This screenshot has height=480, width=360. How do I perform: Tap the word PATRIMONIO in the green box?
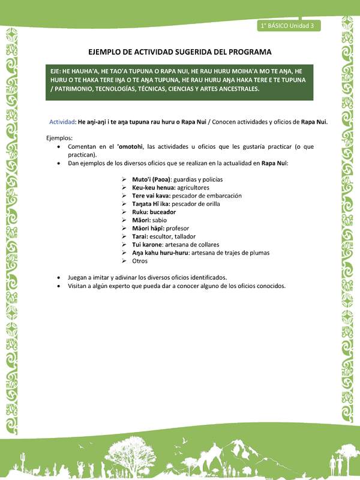74,89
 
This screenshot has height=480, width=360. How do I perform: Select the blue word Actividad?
62,121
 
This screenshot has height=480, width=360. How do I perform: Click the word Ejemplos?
59,137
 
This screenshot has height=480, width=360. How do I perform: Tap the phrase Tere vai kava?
151,196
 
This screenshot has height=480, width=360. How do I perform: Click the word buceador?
162,212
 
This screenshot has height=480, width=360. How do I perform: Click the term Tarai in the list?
140,236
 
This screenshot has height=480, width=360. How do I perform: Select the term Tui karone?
147,245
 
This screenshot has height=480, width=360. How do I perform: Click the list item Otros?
140,261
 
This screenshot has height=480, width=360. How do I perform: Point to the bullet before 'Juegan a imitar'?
58,278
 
